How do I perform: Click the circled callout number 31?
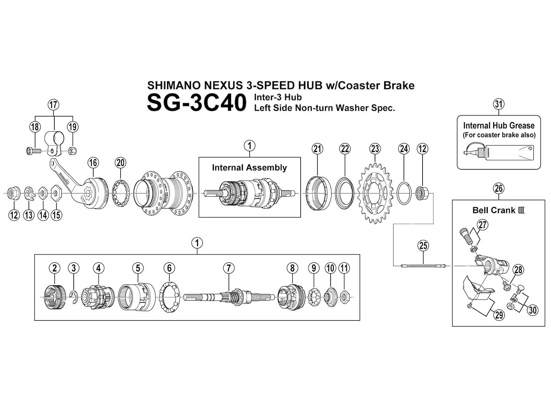[x=498, y=104]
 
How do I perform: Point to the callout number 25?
[x=423, y=245]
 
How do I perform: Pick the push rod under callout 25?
[x=423, y=266]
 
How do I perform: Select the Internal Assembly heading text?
[x=249, y=168]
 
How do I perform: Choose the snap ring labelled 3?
[x=73, y=297]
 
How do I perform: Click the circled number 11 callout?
[x=344, y=268]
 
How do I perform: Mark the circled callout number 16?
[x=93, y=162]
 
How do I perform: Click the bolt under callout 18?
[x=33, y=150]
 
